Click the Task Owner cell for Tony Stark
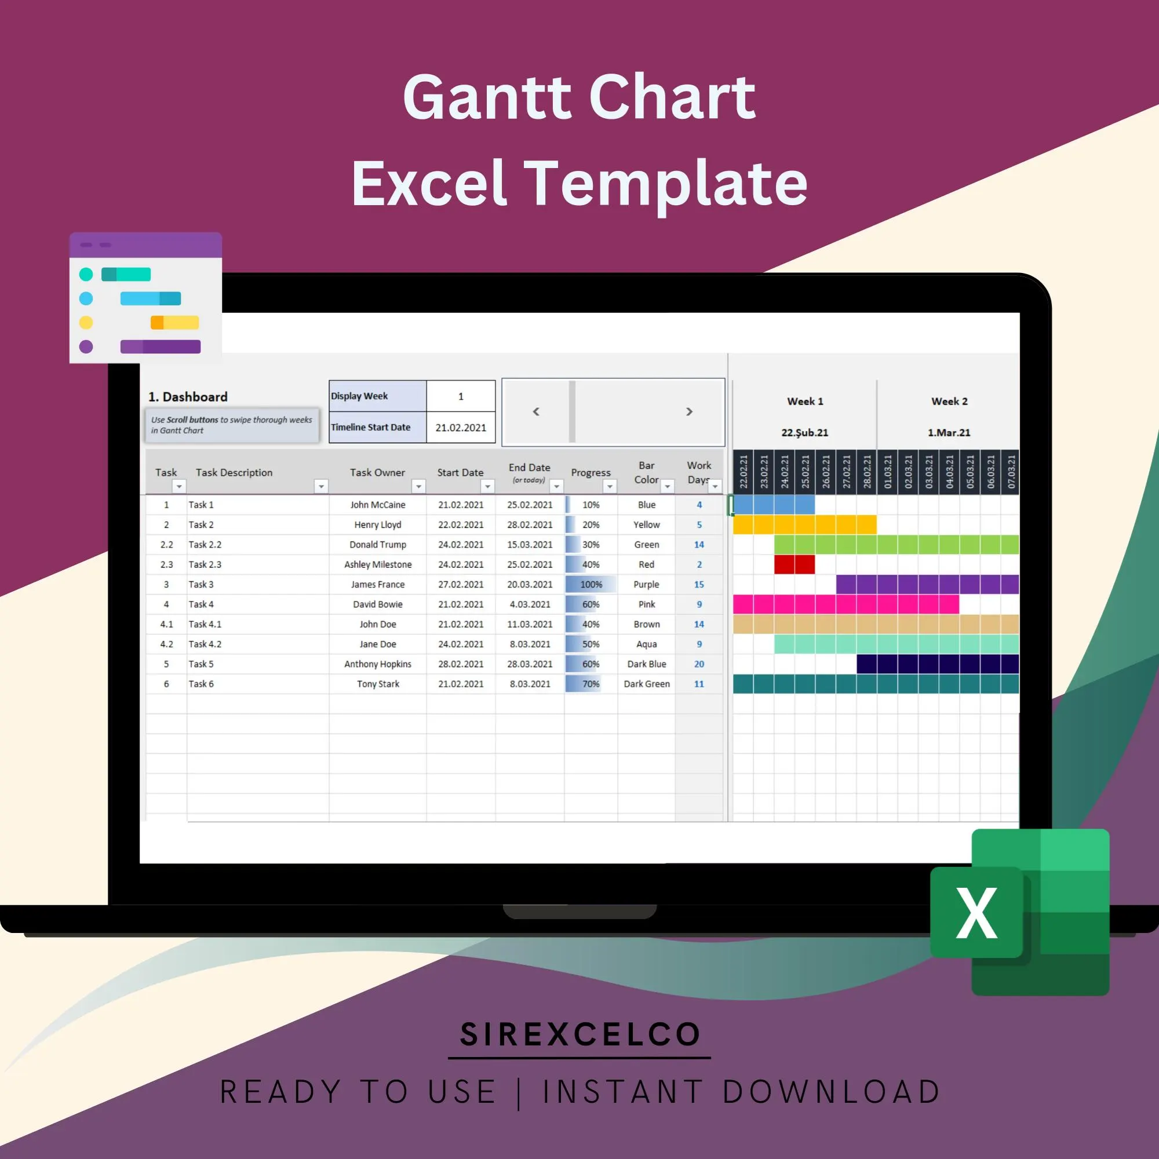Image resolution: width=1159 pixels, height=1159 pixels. pyautogui.click(x=377, y=684)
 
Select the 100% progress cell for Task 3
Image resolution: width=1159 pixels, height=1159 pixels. pyautogui.click(x=591, y=584)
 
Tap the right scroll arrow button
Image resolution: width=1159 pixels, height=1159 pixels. pyautogui.click(x=689, y=411)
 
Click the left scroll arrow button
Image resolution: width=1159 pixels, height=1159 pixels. pyautogui.click(x=535, y=411)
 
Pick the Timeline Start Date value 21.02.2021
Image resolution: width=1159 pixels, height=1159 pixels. pyautogui.click(x=461, y=428)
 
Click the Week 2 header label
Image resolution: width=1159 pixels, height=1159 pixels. pyautogui.click(x=949, y=402)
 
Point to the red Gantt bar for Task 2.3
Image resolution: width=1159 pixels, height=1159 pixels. pyautogui.click(x=794, y=564)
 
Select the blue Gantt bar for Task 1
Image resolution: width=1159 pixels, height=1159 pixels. pyautogui.click(x=773, y=505)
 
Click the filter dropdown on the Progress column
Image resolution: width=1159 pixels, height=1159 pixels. pyautogui.click(x=610, y=487)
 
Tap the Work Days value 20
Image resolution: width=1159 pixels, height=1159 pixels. pyautogui.click(x=699, y=664)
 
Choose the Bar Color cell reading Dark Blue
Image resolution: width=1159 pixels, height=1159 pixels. pyautogui.click(x=646, y=664)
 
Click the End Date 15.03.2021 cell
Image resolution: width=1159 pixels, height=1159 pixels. pyautogui.click(x=530, y=545)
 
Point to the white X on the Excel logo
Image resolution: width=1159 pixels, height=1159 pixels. pyautogui.click(x=976, y=913)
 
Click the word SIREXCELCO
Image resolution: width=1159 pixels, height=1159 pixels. pyautogui.click(x=579, y=1034)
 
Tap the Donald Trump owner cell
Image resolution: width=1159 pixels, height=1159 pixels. pyautogui.click(x=377, y=545)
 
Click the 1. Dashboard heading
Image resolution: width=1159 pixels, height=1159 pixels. pyautogui.click(x=188, y=396)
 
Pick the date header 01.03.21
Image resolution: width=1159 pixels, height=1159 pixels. pyautogui.click(x=887, y=472)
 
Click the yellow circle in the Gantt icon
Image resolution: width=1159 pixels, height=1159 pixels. pyautogui.click(x=86, y=323)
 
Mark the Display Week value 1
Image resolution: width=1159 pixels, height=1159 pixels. pyautogui.click(x=461, y=396)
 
